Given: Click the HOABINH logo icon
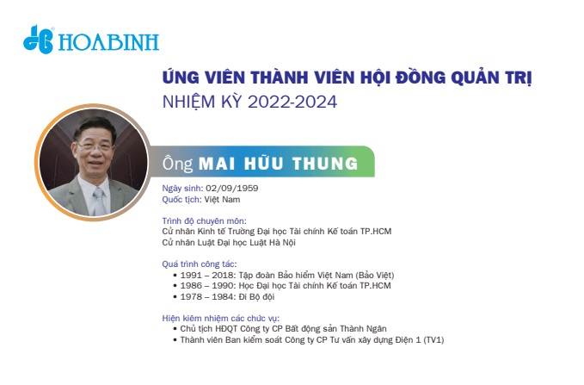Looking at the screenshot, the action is coord(38,40).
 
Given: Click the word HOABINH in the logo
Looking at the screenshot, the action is coord(108,42).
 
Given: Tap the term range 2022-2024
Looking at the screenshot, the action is coord(292,102).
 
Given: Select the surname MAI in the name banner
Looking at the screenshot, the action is coord(217,164).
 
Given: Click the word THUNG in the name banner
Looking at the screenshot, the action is coord(325,164).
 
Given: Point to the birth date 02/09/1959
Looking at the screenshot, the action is coord(232,188).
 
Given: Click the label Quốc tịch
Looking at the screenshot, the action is coord(181,200).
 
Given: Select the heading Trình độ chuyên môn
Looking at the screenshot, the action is coord(204,220).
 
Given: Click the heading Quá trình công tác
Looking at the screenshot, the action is coord(200,264).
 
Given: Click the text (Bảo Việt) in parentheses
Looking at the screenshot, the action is coord(375,276).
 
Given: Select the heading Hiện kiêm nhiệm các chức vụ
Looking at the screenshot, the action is coord(220,318).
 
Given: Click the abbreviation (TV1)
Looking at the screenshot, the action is coord(433,340).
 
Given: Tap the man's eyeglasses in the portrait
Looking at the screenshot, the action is coord(95,146).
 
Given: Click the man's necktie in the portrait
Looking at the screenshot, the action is coord(100,202).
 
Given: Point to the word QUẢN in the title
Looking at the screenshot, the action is coord(477,78).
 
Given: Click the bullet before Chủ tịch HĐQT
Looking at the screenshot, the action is coord(175,329).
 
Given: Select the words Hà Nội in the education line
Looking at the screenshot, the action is coord(283,243).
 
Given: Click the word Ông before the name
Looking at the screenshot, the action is coord(178,164).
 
